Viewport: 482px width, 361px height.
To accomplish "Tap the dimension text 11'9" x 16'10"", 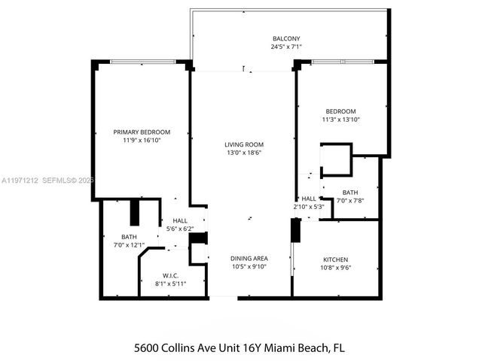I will pos(142,140).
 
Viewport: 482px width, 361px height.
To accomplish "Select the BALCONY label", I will pos(286,38).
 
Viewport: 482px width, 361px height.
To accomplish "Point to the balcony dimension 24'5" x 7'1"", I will pos(286,47).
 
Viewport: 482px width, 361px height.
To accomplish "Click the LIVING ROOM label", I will pos(243,144).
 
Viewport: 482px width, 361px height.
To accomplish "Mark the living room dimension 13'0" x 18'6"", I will pos(243,153).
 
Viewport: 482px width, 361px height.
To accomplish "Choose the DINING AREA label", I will pos(249,259).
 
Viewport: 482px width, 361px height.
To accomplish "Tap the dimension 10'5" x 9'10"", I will pos(249,267).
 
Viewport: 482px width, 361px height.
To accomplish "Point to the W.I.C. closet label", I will pos(169,275).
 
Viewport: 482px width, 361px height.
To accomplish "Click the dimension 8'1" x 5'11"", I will pos(169,284).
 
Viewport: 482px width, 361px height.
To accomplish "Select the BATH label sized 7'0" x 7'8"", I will pos(349,192).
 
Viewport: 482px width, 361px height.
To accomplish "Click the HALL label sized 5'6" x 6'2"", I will pos(179,220).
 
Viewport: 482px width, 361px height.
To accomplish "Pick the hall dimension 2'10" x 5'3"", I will pos(309,207).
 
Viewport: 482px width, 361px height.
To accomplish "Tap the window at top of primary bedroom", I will pos(142,62).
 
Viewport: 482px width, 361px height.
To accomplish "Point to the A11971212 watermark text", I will pos(20,180).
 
